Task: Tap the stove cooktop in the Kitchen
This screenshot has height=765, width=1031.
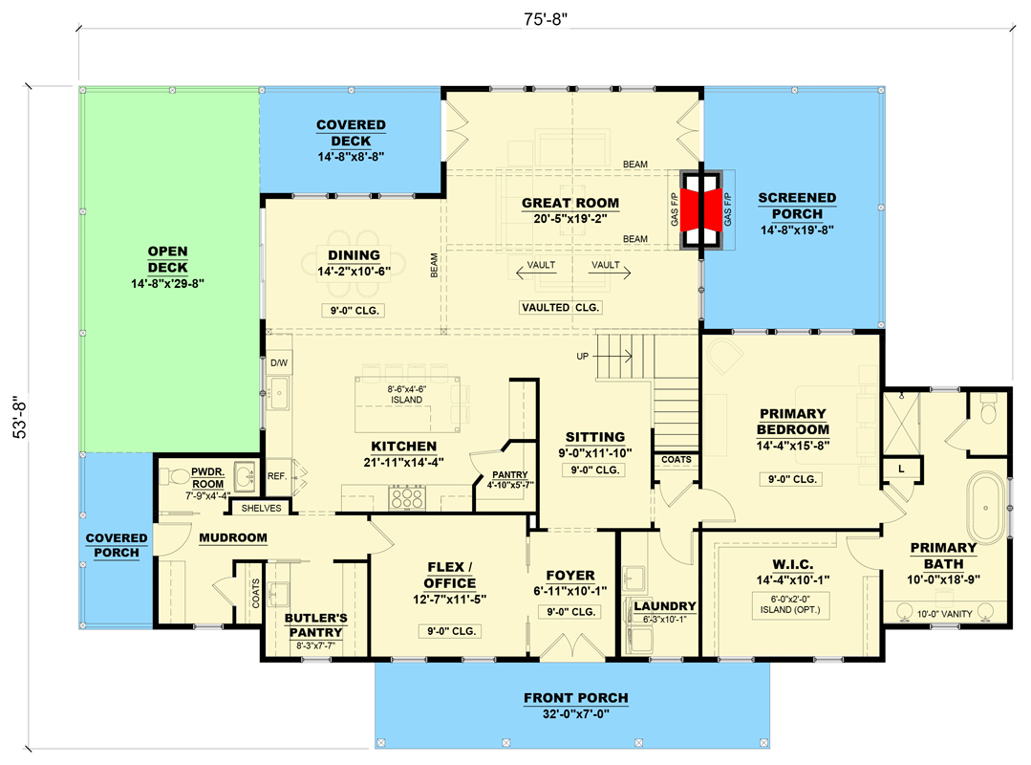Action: coord(407,498)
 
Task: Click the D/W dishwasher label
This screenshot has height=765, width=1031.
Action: coord(278,363)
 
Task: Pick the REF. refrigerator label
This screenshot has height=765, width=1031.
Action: coord(277,475)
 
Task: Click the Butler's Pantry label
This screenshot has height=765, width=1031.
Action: coord(315,624)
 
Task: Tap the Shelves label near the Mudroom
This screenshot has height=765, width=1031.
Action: coord(261,508)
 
